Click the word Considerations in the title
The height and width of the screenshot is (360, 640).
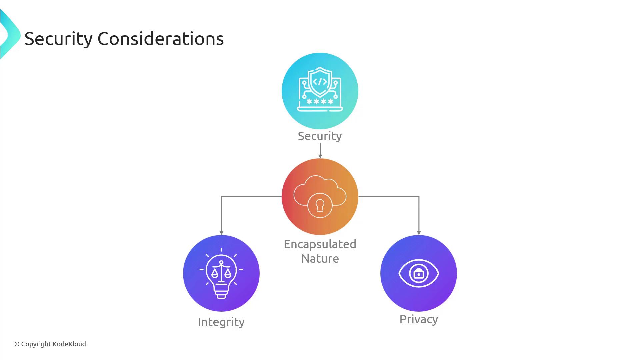click(x=161, y=39)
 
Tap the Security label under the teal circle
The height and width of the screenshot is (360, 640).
click(x=320, y=136)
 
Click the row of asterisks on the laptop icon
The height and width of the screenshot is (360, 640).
click(x=320, y=101)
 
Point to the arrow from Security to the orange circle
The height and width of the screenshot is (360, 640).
click(x=320, y=151)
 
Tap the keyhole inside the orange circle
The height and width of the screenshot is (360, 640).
click(x=320, y=205)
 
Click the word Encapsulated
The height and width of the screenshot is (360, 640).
click(x=320, y=245)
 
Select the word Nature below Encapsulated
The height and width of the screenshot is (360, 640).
click(x=320, y=259)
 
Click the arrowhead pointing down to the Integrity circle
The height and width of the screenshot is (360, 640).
click(x=221, y=233)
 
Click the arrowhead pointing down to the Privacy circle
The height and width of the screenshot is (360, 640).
click(x=419, y=233)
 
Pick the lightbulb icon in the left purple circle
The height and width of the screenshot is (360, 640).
click(x=221, y=273)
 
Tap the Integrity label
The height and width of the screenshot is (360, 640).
click(x=221, y=322)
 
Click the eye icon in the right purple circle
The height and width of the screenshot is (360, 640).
click(x=419, y=273)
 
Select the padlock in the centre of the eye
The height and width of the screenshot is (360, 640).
click(x=419, y=273)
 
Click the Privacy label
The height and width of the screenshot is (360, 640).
click(x=419, y=320)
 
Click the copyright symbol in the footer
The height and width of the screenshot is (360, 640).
click(x=17, y=344)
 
